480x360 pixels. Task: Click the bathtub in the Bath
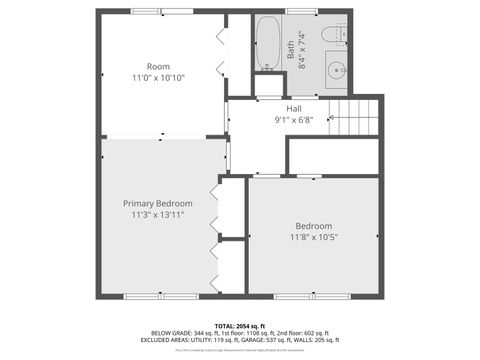[x=267, y=45]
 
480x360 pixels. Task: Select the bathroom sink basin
[x=338, y=71]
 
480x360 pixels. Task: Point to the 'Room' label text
[x=158, y=66]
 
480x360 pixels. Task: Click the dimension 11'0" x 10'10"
[x=158, y=77]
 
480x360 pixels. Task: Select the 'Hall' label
[x=294, y=108]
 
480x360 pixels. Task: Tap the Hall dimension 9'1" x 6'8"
[x=294, y=119]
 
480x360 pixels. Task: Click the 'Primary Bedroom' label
[x=158, y=203]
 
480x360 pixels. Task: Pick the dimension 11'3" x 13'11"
[x=158, y=214]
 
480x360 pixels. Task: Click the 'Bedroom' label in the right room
[x=313, y=225]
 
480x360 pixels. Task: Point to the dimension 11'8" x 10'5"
[x=313, y=237]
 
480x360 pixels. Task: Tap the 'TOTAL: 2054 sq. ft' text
[x=240, y=326]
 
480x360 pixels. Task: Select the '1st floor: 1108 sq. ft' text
[x=245, y=333]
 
